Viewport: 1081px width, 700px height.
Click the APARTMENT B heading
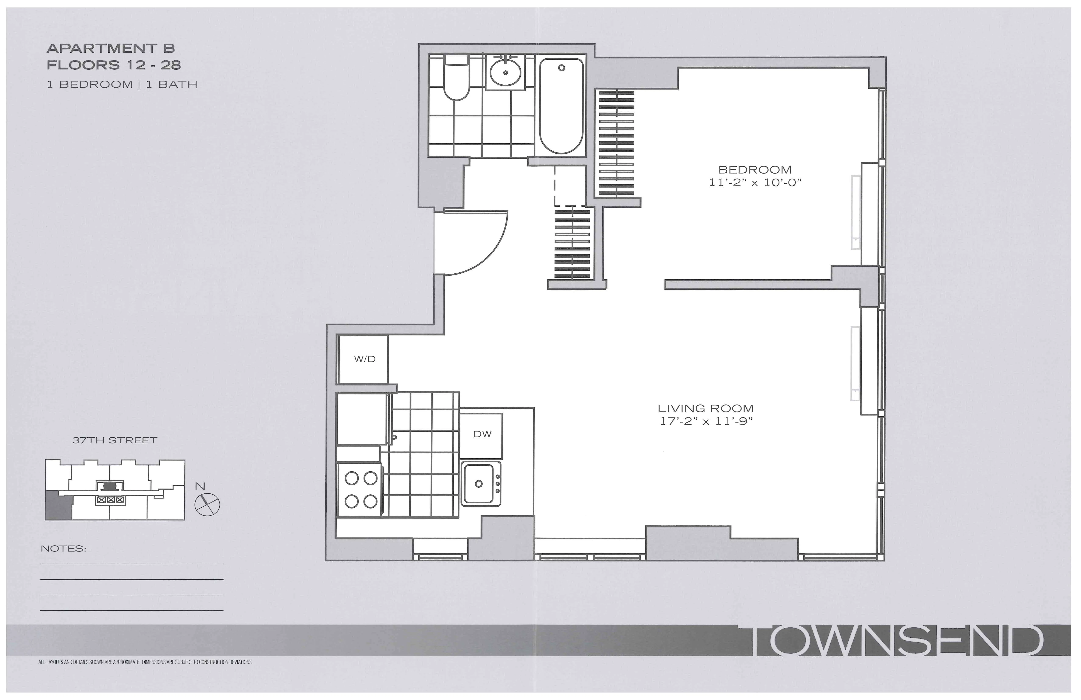(x=111, y=48)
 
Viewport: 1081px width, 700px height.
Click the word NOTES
(x=63, y=549)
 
